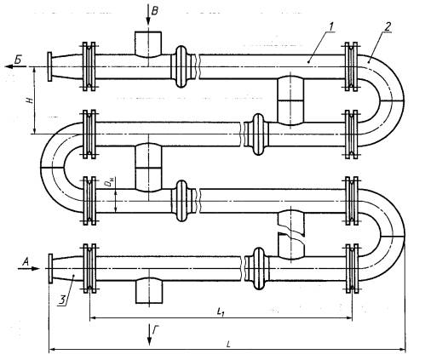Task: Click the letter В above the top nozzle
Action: point(155,11)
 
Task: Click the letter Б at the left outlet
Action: point(19,60)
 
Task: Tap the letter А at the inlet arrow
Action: point(26,262)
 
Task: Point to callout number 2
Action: point(388,26)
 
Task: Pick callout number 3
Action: point(62,300)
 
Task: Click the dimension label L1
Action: point(221,312)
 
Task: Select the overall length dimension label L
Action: point(228,345)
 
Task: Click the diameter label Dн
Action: point(110,184)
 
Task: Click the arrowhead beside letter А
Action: point(34,268)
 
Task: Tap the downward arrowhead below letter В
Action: point(148,21)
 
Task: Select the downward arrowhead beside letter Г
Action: point(149,340)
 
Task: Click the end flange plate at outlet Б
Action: point(49,67)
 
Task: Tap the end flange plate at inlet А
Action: point(50,268)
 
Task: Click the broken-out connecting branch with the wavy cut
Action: point(291,235)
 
